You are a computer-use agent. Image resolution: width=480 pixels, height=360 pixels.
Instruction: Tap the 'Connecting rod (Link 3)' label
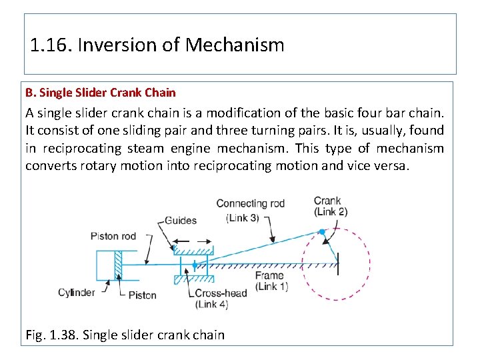coord(250,209)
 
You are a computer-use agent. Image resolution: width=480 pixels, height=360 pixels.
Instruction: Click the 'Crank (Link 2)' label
coord(330,206)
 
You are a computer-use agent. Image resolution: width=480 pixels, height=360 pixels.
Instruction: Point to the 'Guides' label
coord(179,220)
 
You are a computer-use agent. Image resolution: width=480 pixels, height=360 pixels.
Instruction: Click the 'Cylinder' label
coord(77,292)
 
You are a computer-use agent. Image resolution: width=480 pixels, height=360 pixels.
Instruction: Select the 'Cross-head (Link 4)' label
coord(221,298)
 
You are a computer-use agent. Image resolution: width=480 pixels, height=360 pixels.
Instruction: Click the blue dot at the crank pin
coord(321,232)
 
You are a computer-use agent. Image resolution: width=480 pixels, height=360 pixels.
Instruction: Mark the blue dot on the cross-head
coord(195,265)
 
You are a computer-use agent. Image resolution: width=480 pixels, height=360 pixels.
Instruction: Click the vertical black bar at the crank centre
coord(338,262)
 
